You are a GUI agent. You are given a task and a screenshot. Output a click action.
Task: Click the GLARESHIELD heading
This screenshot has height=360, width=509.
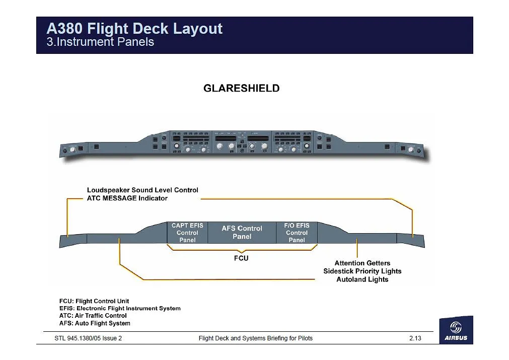(x=241, y=88)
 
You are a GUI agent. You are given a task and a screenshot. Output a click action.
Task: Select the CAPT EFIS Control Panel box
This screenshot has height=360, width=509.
(x=187, y=233)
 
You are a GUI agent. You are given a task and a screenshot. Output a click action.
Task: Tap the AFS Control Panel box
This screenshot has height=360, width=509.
(x=242, y=232)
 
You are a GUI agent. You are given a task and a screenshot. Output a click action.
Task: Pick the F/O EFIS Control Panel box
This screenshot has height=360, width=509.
(x=297, y=233)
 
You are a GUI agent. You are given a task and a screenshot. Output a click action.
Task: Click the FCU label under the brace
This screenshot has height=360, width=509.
(x=241, y=258)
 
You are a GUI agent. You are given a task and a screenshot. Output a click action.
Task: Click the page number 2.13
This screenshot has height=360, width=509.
(x=415, y=338)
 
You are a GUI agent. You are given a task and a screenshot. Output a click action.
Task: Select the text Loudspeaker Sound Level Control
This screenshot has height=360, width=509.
(x=142, y=190)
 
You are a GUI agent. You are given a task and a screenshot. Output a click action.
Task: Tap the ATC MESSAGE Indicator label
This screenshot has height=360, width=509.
(x=127, y=198)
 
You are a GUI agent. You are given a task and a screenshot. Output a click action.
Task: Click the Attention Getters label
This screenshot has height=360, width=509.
(x=362, y=263)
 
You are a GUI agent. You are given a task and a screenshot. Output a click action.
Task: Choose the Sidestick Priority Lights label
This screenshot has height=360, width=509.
(x=362, y=271)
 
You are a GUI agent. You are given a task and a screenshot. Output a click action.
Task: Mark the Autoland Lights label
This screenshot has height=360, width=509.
(x=362, y=279)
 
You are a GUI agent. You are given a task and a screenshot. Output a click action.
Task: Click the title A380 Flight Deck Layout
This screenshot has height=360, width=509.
(x=134, y=29)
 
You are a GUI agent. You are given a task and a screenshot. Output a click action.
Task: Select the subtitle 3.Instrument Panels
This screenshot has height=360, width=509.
(x=100, y=42)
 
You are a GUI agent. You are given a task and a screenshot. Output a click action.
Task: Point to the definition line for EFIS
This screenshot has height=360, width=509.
(x=120, y=308)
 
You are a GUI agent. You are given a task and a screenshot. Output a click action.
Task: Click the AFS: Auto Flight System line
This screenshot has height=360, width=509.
(x=95, y=323)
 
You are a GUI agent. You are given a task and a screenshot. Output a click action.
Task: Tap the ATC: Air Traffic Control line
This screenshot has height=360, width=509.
(x=93, y=316)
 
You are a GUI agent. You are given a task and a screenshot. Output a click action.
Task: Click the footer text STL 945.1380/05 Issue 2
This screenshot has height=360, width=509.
(x=88, y=338)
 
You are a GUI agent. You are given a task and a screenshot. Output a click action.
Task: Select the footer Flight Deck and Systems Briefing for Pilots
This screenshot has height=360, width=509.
(x=255, y=338)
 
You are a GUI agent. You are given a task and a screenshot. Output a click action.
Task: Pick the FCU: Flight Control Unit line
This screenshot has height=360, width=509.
(x=94, y=301)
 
